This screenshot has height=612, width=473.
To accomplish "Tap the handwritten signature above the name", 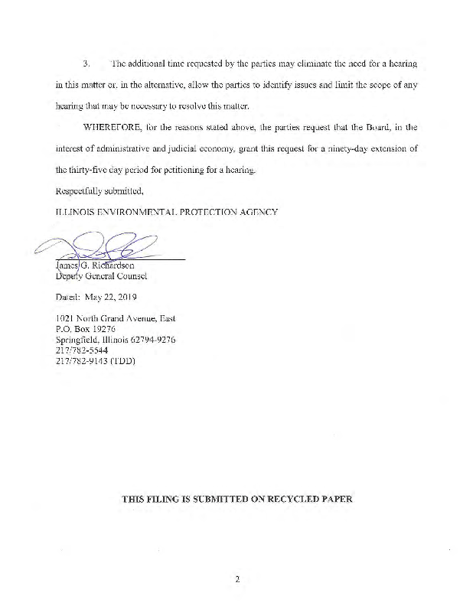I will click(115, 249).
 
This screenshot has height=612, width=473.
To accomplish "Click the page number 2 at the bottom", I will click(238, 579).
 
